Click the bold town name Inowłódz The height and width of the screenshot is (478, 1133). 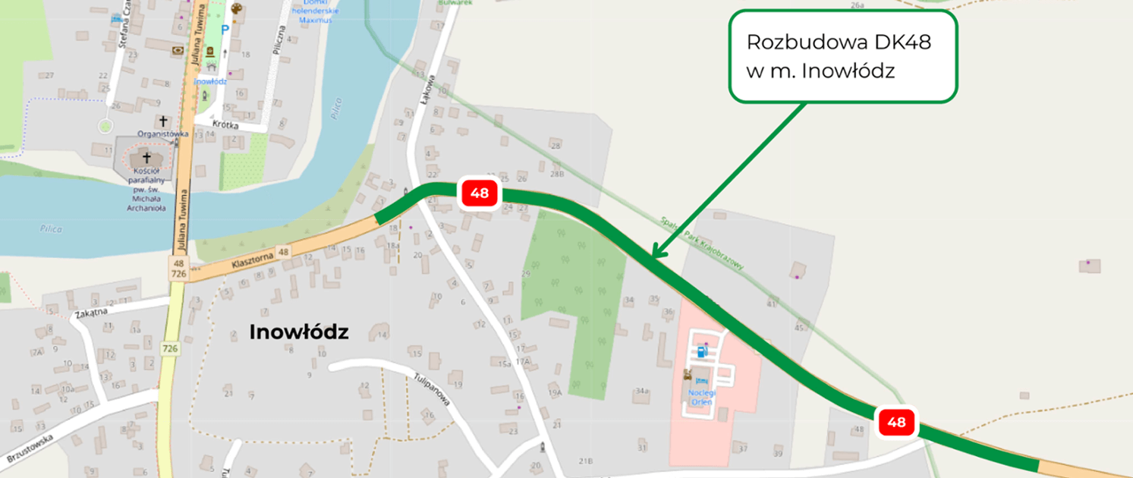(x=299, y=332)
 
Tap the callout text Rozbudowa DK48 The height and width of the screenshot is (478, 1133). (x=839, y=42)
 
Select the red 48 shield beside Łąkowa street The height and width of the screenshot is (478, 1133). (x=479, y=193)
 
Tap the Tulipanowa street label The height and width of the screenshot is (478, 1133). (x=433, y=388)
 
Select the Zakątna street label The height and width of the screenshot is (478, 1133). (x=90, y=312)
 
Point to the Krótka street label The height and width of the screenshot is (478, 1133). (x=225, y=123)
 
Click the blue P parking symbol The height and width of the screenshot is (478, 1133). (x=225, y=29)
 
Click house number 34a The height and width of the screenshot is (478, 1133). (x=643, y=391)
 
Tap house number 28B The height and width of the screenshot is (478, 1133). (x=558, y=174)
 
